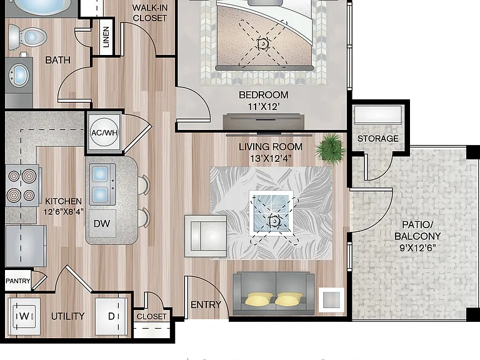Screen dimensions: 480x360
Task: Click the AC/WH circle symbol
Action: point(104,132)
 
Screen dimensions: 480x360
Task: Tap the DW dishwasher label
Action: point(102,224)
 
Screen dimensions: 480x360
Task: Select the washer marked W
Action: point(24,316)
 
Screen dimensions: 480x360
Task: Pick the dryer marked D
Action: point(111,316)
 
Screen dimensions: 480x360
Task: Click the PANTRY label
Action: point(18,281)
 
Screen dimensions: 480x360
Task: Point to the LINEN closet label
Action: point(106,37)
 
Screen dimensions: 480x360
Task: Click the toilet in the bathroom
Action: point(27,37)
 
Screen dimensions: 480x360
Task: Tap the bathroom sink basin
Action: point(19,75)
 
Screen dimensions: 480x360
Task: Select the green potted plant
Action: point(330,149)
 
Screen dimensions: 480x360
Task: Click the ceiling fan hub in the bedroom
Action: point(262,44)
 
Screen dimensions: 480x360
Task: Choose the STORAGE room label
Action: point(377,139)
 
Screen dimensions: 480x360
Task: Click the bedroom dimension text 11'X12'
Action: point(264,107)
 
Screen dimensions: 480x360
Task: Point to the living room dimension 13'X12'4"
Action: point(270,159)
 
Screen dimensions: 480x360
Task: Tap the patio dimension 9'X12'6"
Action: point(417,247)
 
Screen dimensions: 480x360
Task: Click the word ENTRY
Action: point(206,304)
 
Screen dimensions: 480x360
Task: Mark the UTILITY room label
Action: point(67,316)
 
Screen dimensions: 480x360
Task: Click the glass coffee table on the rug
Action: point(271,213)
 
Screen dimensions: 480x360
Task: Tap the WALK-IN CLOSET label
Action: point(150,13)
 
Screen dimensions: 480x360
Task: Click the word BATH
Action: point(57,60)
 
